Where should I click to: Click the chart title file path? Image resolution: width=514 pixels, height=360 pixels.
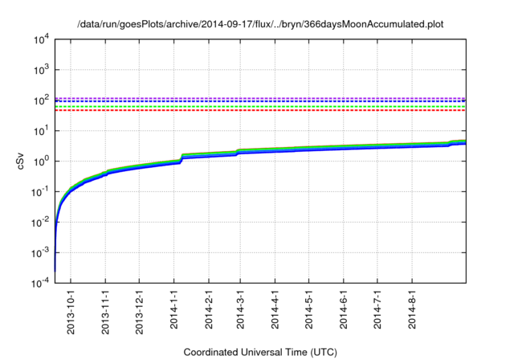pos(260,25)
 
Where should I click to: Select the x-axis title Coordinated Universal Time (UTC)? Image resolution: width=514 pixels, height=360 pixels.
pos(260,352)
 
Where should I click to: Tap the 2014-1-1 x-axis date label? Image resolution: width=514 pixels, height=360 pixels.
pos(174,309)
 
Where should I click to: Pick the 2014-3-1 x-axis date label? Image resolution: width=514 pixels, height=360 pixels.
pos(240,309)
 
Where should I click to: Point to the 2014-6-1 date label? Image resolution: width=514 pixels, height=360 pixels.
pos(344,309)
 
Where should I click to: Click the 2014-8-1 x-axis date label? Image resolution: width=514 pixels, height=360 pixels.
pos(412,309)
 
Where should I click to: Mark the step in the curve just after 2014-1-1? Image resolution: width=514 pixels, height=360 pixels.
pos(182,157)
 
